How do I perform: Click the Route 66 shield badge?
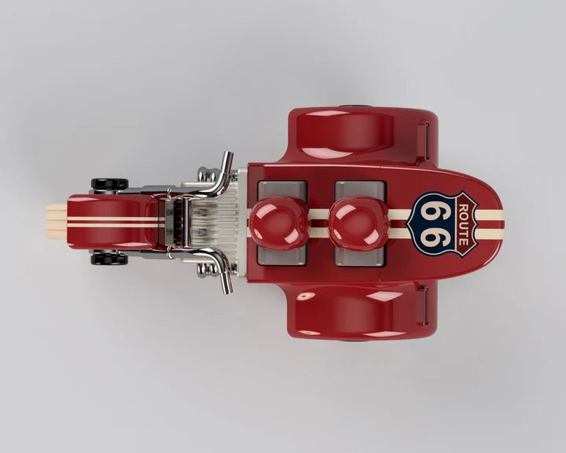point(443,224)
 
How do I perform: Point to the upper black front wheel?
point(109,183)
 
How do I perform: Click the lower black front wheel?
point(109,259)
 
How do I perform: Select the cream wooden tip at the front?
point(57,222)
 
